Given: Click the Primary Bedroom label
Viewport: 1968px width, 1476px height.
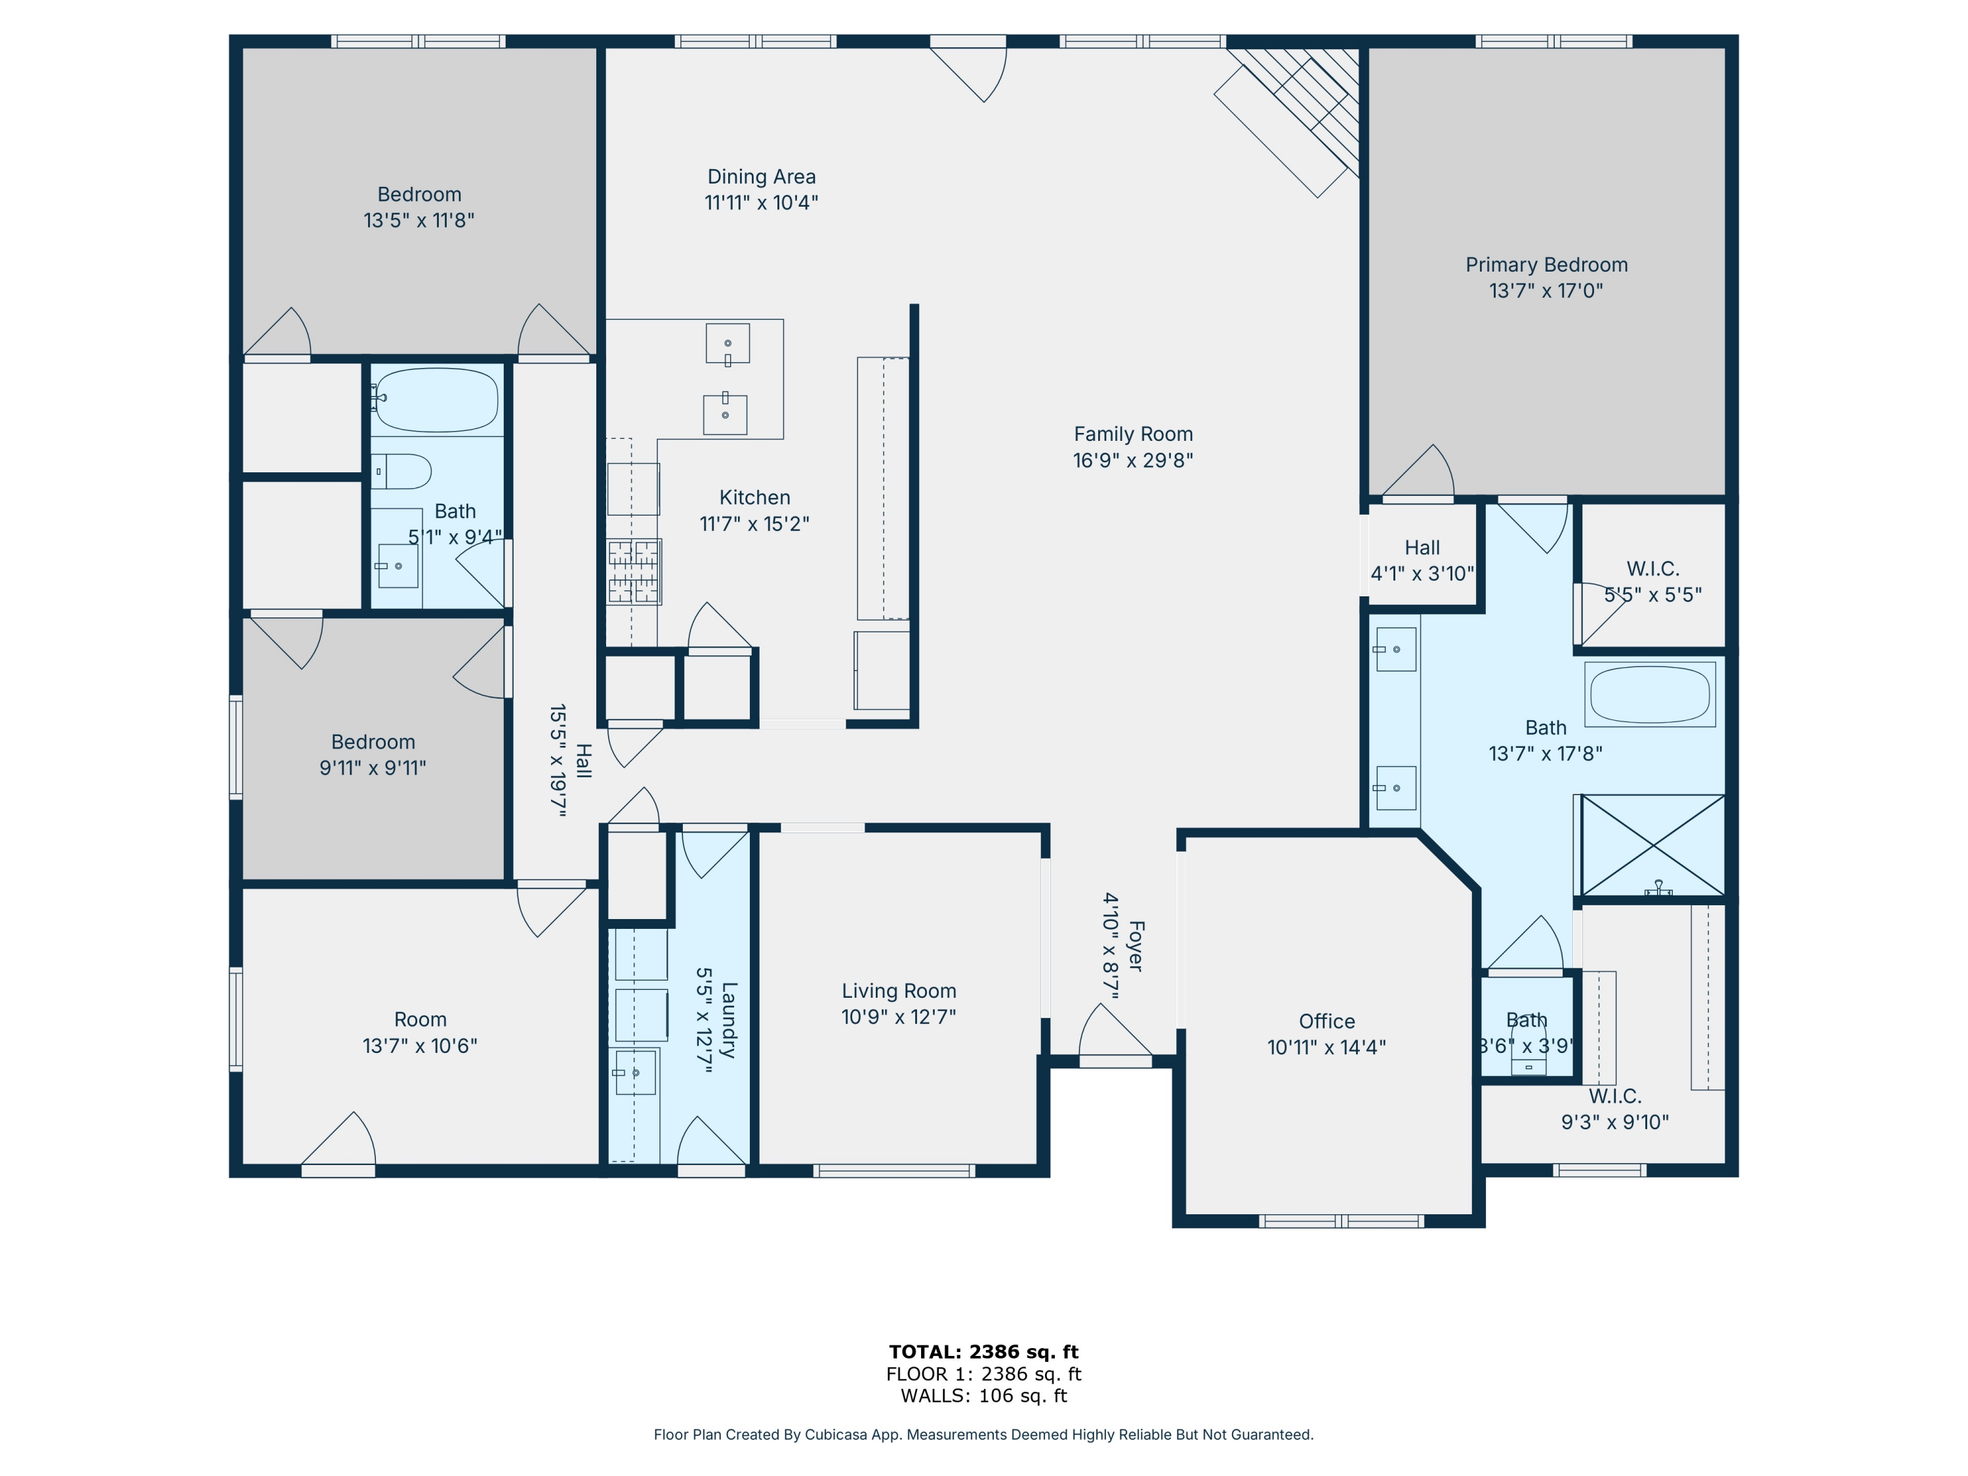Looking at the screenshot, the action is point(1546,265).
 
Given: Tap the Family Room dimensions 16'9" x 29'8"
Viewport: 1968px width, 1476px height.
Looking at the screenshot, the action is point(1132,460).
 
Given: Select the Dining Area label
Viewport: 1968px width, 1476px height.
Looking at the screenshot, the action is point(762,177).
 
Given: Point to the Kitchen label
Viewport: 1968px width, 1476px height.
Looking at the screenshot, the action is point(754,497).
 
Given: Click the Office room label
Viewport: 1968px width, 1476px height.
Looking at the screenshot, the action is point(1326,1021).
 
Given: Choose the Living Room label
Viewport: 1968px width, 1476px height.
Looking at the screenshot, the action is point(899,991).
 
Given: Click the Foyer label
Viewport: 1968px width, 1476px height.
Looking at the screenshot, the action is point(1136,946).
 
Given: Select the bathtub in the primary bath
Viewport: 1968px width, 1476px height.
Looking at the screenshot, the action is point(1650,694).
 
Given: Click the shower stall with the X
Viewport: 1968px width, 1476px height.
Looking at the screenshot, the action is point(1652,845).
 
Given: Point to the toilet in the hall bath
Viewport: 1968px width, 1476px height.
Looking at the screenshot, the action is point(401,472).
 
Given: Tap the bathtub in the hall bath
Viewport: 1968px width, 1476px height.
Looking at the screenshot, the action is point(436,400).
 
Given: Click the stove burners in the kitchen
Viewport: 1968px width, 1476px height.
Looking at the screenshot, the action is point(634,571).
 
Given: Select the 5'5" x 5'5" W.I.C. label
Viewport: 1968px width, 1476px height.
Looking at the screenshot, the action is point(1653,582).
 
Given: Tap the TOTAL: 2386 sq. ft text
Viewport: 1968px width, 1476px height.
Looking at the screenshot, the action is point(984,1352).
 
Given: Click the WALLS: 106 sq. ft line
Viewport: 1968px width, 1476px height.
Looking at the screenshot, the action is point(984,1396).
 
